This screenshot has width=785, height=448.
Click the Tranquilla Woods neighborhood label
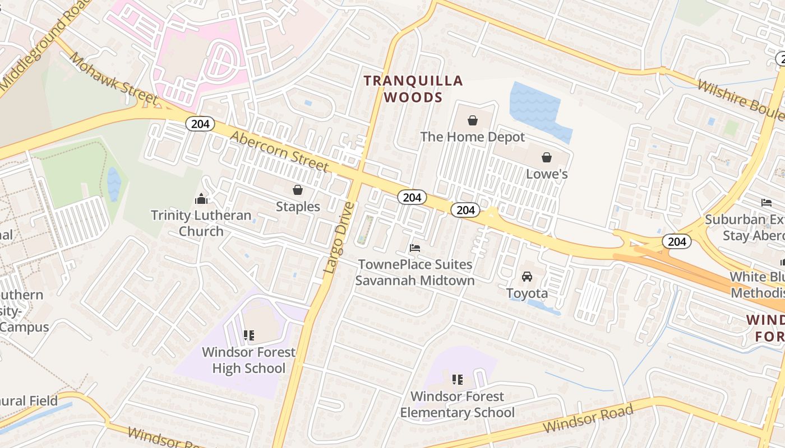[x=413, y=89]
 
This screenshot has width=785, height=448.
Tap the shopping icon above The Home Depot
[x=473, y=120]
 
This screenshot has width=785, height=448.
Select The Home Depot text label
[x=473, y=137]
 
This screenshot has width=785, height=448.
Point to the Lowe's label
[x=547, y=174]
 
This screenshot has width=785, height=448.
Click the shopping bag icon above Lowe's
[x=547, y=157]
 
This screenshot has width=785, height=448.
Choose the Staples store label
[x=298, y=207]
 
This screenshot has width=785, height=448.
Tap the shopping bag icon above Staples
[x=298, y=190]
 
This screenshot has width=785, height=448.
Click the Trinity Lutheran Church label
[x=201, y=223]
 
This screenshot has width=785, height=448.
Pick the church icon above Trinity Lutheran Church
[x=201, y=199]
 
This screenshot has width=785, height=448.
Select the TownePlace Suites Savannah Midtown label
[x=415, y=272]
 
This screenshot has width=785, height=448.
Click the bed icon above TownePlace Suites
[x=415, y=248]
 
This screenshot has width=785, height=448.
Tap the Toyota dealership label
[x=527, y=293]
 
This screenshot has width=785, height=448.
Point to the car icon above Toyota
[x=527, y=277]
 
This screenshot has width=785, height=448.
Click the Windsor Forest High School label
[x=248, y=360]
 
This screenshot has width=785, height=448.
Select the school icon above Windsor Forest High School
[x=248, y=335]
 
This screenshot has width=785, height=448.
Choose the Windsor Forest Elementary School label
[x=457, y=404]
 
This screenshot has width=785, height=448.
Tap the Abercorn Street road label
[x=279, y=151]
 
